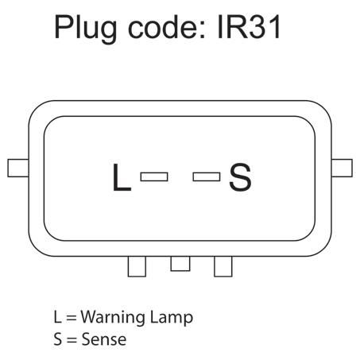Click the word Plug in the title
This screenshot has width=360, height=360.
pyautogui.click(x=85, y=29)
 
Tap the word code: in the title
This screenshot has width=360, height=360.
pyautogui.click(x=167, y=26)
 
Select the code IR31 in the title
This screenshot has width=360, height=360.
pyautogui.click(x=249, y=26)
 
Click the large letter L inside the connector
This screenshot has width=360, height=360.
pyautogui.click(x=122, y=176)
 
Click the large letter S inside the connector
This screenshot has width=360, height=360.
pyautogui.click(x=240, y=176)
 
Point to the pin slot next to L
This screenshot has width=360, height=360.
pyautogui.click(x=154, y=176)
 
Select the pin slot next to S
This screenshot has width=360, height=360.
pyautogui.click(x=207, y=176)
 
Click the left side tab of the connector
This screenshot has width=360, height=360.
pyautogui.click(x=18, y=168)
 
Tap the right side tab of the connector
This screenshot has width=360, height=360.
pyautogui.click(x=342, y=168)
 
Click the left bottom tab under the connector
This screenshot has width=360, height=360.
pyautogui.click(x=137, y=266)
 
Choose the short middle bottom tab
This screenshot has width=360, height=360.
pyautogui.click(x=180, y=264)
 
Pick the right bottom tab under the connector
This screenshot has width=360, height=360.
pyautogui.click(x=223, y=266)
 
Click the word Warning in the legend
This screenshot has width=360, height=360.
pyautogui.click(x=113, y=317)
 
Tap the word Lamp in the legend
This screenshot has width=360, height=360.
pyautogui.click(x=172, y=317)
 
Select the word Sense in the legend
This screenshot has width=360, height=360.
pyautogui.click(x=104, y=339)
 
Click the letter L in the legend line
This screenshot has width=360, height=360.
pyautogui.click(x=57, y=317)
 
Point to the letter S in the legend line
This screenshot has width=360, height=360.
pyautogui.click(x=58, y=339)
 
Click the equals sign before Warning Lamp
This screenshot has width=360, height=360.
pyautogui.click(x=72, y=318)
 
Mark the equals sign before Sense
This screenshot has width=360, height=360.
pyautogui.click(x=72, y=340)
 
